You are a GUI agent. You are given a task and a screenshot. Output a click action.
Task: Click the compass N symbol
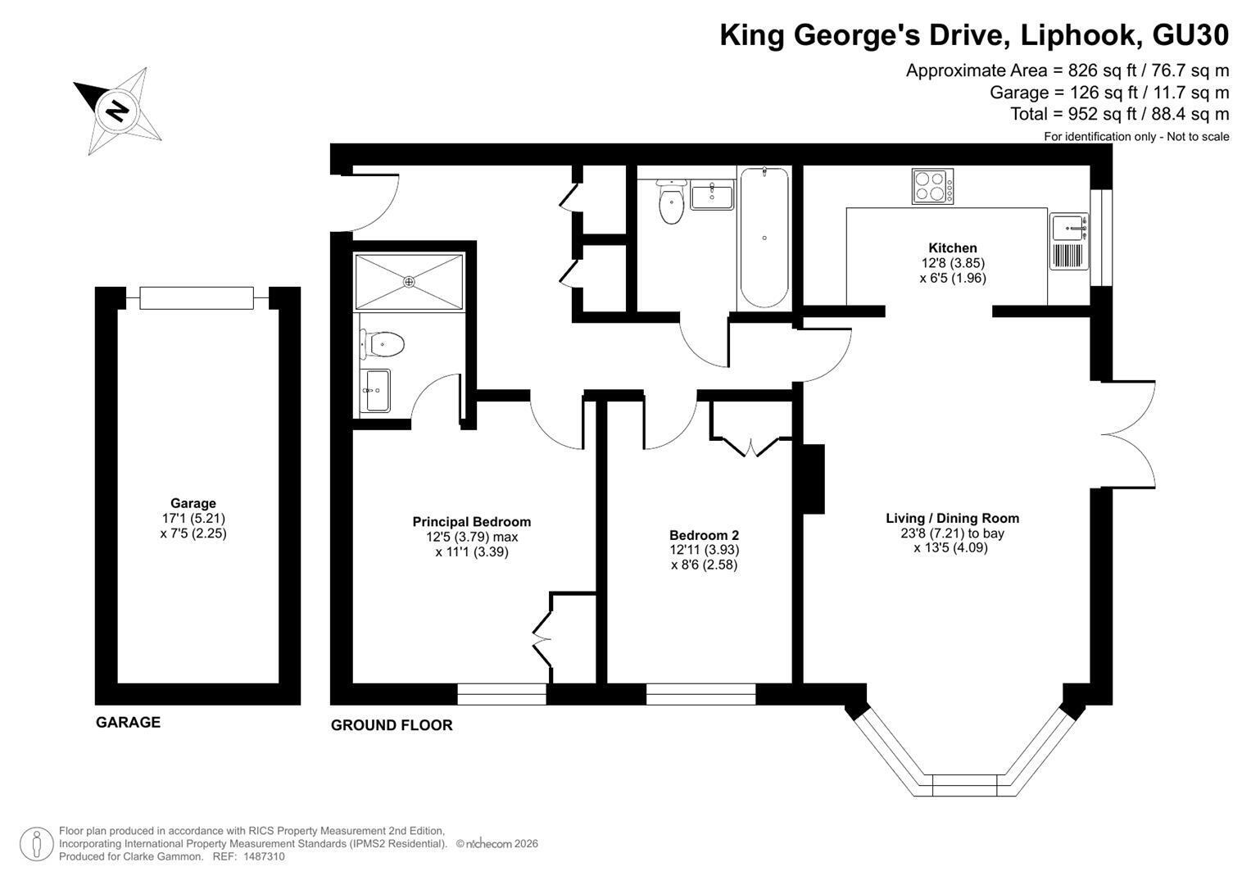(x=118, y=110)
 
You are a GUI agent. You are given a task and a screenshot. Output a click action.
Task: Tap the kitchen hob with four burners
(x=932, y=187)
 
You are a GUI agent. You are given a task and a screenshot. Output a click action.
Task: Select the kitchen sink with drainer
(x=1068, y=242)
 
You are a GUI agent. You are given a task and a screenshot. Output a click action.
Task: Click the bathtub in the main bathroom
(x=764, y=238)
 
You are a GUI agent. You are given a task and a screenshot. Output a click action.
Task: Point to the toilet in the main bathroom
(x=671, y=201)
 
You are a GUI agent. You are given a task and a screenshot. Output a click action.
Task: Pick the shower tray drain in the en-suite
(x=410, y=282)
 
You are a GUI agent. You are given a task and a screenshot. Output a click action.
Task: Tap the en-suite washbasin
(x=374, y=391)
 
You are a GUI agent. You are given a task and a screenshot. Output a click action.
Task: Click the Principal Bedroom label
(x=471, y=522)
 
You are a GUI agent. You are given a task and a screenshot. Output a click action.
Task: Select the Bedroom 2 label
(x=704, y=535)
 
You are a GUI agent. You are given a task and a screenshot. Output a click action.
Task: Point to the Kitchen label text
(x=952, y=247)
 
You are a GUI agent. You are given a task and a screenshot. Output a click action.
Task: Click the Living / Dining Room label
(x=952, y=518)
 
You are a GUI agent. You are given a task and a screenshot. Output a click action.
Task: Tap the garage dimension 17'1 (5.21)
(x=193, y=518)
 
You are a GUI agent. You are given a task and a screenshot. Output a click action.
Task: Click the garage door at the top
(x=197, y=297)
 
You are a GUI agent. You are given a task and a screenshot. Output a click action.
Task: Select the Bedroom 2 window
(x=701, y=694)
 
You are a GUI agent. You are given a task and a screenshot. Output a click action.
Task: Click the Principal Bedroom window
(x=501, y=694)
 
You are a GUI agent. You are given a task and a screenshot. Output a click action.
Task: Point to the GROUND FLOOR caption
(x=392, y=725)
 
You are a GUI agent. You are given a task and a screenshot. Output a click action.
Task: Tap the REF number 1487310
(x=264, y=856)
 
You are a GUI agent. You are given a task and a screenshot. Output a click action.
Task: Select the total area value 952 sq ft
(x=1102, y=114)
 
